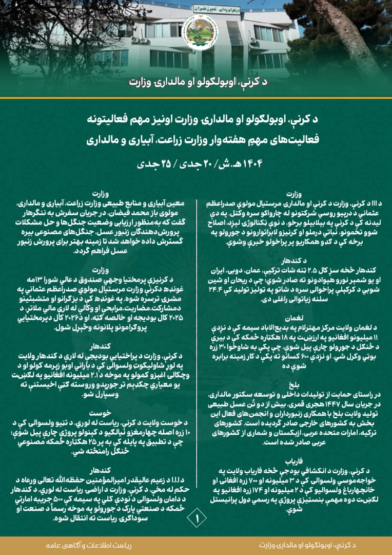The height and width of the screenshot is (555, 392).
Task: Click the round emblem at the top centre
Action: (x=196, y=32)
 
